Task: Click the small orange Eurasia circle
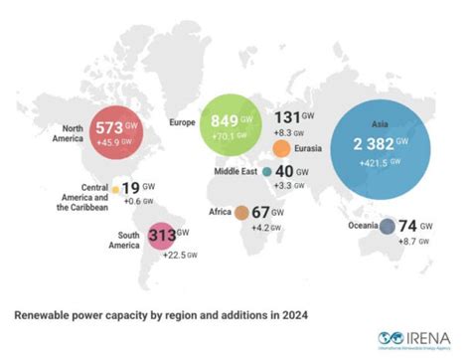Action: [x=282, y=149]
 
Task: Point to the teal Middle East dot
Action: [x=267, y=170]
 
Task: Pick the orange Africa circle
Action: [x=240, y=212]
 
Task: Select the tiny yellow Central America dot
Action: [x=115, y=188]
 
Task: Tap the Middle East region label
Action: [x=235, y=171]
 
